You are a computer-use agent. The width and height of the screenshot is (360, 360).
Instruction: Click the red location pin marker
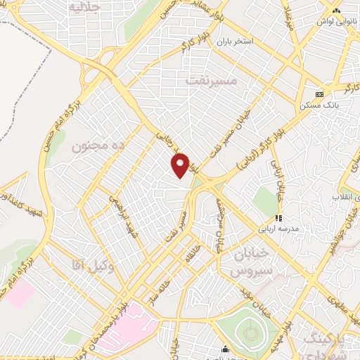coord(181,165)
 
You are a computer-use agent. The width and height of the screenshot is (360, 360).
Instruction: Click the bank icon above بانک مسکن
coord(320,94)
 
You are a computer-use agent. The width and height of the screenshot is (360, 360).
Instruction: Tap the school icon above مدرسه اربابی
coord(278,219)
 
